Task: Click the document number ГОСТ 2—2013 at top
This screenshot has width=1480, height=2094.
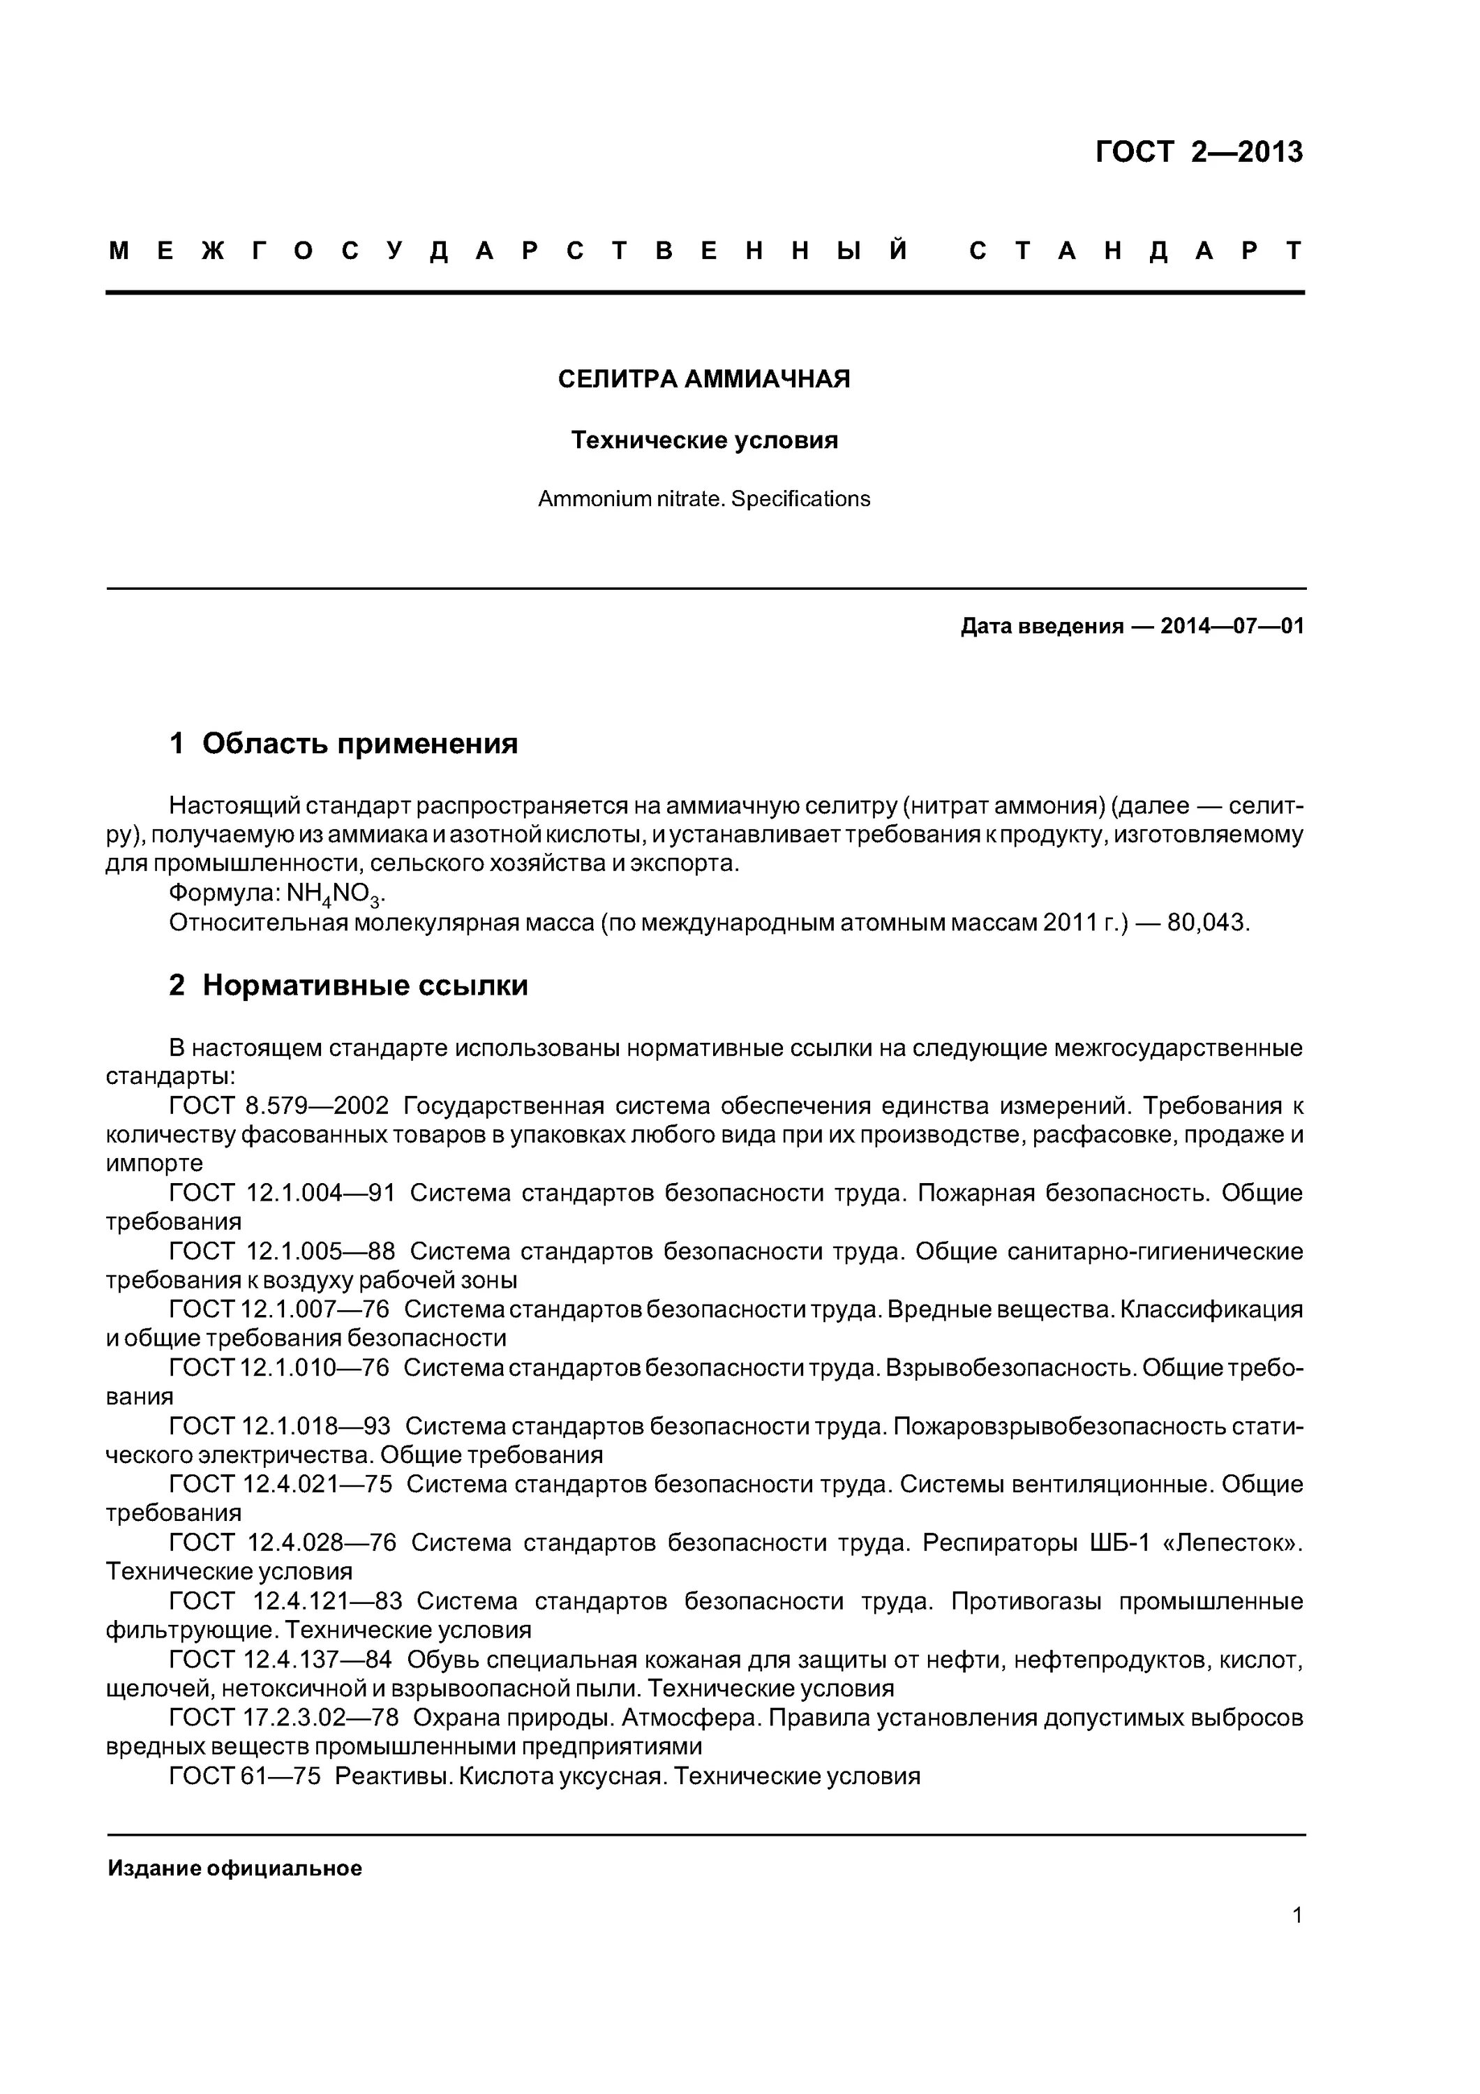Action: (x=1198, y=152)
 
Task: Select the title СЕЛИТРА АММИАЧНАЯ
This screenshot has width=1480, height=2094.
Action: (x=703, y=380)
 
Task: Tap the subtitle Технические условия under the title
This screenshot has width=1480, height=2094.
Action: (x=703, y=440)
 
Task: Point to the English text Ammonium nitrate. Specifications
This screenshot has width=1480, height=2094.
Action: (x=703, y=499)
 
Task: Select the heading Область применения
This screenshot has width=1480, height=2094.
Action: (x=359, y=743)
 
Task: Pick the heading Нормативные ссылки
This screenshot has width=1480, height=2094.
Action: (x=365, y=985)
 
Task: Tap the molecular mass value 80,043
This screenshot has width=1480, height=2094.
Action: (x=1206, y=923)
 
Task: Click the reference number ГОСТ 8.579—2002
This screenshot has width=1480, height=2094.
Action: (x=279, y=1106)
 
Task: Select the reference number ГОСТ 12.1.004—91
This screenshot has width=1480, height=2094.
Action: (x=282, y=1194)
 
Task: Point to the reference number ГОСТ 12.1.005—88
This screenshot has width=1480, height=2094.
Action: (x=282, y=1252)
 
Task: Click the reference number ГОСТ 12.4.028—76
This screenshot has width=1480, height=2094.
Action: (x=283, y=1543)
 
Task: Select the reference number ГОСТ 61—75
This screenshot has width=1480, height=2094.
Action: (x=244, y=1776)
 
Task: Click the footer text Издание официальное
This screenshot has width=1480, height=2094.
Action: (x=234, y=1869)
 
